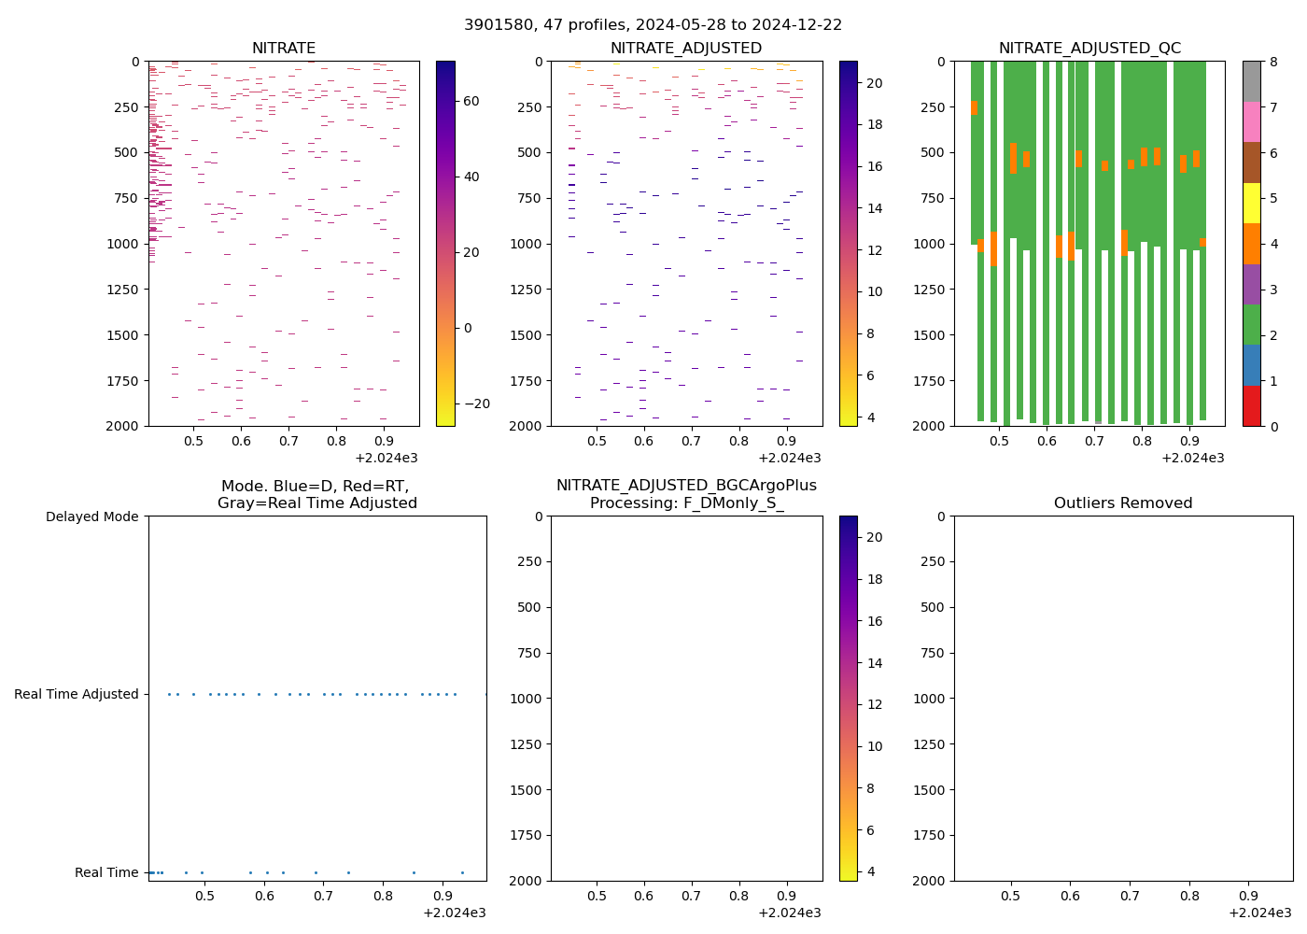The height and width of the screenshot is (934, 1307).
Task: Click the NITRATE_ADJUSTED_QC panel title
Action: pyautogui.click(x=1089, y=49)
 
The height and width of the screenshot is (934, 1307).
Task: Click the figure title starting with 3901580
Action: pyautogui.click(x=653, y=25)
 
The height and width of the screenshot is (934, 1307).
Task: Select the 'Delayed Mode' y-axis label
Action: pyautogui.click(x=91, y=517)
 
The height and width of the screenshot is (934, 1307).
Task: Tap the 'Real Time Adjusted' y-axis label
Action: pyautogui.click(x=77, y=694)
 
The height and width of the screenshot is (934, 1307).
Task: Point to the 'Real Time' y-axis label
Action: pyautogui.click(x=106, y=872)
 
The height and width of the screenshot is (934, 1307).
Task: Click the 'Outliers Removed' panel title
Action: pyautogui.click(x=1123, y=503)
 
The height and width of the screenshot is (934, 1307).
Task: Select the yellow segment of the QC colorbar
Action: pyautogui.click(x=1251, y=203)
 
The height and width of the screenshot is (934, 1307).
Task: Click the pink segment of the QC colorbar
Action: pyautogui.click(x=1251, y=121)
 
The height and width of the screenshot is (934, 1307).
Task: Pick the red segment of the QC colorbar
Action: pyautogui.click(x=1251, y=405)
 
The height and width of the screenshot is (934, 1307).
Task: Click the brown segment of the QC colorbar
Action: pyautogui.click(x=1251, y=163)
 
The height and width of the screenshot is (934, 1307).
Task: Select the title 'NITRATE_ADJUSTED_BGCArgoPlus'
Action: pyautogui.click(x=686, y=486)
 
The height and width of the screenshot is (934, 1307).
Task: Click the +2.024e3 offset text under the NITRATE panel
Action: pyautogui.click(x=386, y=458)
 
